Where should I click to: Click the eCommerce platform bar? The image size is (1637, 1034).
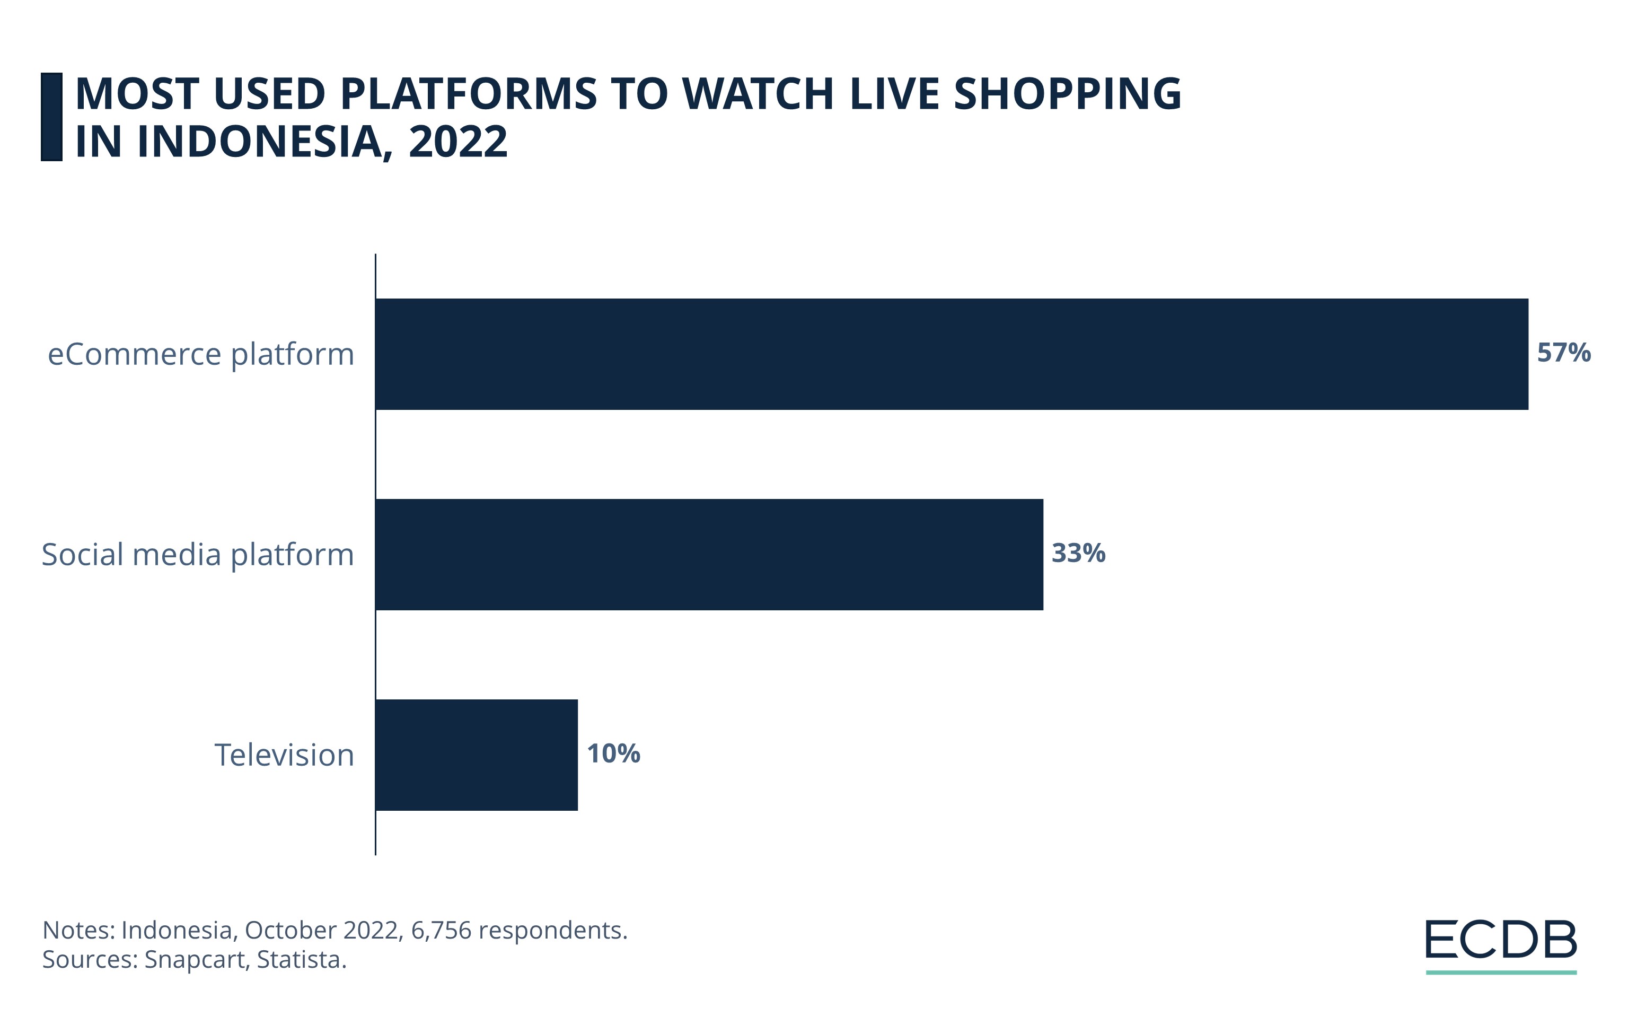coord(952,354)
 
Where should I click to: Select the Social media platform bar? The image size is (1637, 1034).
coord(709,555)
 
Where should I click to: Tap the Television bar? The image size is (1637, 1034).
coord(477,755)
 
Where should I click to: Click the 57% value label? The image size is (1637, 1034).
coord(1564,353)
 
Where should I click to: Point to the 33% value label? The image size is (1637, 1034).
coord(1078,554)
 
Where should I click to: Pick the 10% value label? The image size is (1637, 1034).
coord(613,753)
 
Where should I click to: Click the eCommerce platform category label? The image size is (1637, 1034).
coord(201,354)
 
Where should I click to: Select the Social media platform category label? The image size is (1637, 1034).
coord(198,555)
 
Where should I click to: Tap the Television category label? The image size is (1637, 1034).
coord(284,755)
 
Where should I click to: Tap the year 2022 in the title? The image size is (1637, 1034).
coord(457,142)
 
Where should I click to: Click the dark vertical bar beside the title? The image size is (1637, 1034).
coord(51,117)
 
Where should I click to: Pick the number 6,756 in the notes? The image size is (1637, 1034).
coord(441,930)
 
